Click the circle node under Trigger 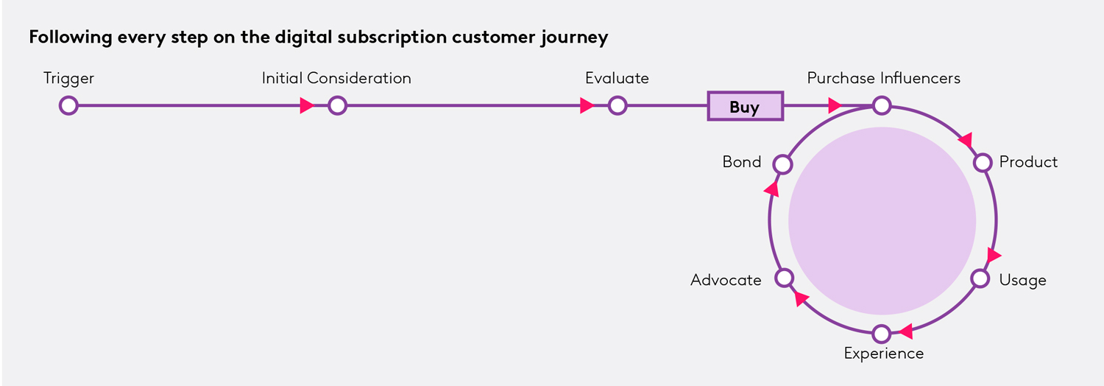point(68,106)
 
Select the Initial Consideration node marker point(337,106)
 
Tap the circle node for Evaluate point(618,106)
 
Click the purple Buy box point(745,107)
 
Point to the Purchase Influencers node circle point(882,106)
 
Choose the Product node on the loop point(983,162)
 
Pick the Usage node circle point(980,278)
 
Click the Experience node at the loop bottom point(882,334)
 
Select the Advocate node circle point(785,278)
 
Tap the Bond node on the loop point(783,163)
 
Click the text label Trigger point(69,78)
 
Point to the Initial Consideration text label point(336,78)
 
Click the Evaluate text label point(617,78)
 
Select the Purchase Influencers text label point(883,78)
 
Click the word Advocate point(726,280)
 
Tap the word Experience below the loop point(883,354)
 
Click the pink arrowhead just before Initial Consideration point(307,106)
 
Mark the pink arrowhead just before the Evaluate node point(587,106)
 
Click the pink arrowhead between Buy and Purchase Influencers point(834,105)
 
